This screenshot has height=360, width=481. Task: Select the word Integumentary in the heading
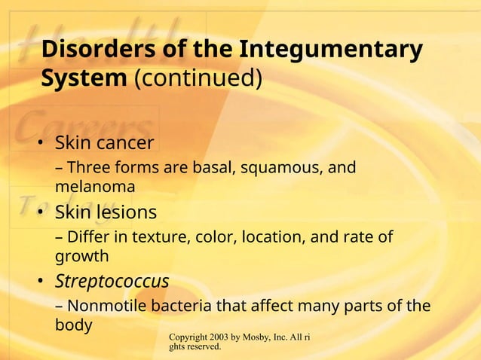(331, 49)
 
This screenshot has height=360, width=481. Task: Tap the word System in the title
(84, 78)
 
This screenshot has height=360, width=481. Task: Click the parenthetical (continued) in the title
(198, 78)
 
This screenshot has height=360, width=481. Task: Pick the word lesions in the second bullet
(125, 213)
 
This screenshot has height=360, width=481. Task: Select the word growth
(82, 256)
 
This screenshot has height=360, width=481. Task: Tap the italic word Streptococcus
(112, 282)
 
